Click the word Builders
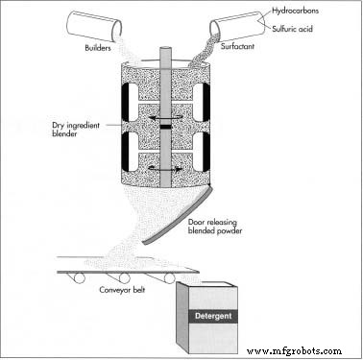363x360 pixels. (98, 48)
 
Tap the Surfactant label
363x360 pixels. (237, 46)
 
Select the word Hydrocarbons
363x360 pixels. (295, 11)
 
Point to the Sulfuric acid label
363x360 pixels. (292, 29)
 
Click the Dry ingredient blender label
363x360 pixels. (76, 130)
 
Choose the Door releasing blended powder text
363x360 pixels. (215, 227)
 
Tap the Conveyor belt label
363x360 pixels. (122, 290)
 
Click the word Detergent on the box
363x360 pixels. (213, 316)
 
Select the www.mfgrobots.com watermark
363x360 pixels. (294, 351)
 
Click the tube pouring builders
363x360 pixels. (94, 26)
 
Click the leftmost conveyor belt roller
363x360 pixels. (79, 278)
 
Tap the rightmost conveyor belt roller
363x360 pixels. (170, 278)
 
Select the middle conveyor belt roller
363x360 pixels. (124, 278)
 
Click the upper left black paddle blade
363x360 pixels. (125, 102)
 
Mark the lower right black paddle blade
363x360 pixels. (206, 151)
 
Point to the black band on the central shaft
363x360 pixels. (165, 128)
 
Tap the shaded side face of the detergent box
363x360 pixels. (182, 317)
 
